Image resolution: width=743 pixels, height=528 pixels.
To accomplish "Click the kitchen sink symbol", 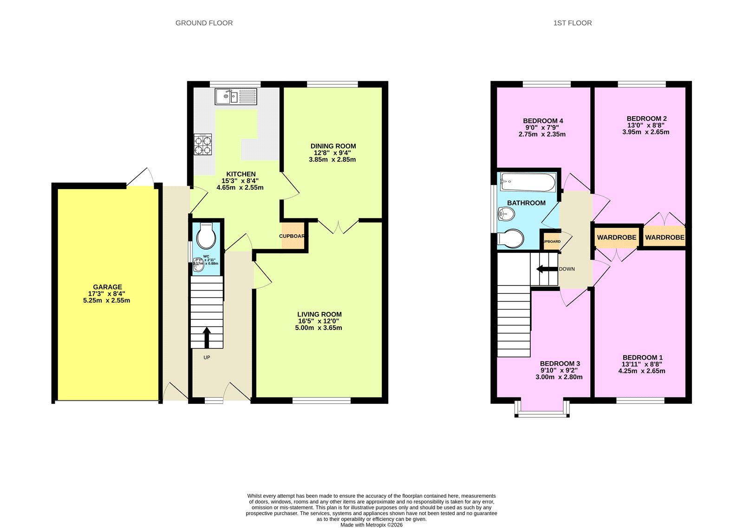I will coord(235,97).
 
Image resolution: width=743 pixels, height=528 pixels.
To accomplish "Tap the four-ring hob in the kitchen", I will coord(202,144).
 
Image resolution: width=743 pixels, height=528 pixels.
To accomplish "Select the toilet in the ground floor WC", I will coord(206,237).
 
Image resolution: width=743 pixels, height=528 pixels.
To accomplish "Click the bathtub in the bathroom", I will coord(528,182).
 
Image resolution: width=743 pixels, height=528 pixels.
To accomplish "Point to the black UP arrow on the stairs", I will coord(207,337).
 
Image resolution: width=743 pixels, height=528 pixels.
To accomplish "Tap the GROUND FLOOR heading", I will coord(204,23).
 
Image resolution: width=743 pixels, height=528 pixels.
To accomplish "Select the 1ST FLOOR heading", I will coord(572,23).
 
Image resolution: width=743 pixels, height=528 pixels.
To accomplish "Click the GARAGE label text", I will coord(107,287).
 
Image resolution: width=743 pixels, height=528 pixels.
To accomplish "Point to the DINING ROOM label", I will coord(333,146).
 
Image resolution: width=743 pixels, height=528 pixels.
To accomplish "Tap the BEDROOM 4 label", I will coord(543,121).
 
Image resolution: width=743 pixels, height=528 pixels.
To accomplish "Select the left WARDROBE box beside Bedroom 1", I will coord(616,237).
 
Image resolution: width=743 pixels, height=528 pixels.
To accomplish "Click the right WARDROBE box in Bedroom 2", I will coord(664,237).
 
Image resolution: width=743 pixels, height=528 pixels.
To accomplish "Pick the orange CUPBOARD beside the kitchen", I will coord(293,236).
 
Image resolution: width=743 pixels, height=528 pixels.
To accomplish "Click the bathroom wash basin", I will coord(506,214).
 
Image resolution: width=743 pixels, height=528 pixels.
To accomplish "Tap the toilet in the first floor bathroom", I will coord(511,238).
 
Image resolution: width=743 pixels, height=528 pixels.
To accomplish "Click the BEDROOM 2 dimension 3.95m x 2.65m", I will coord(645,132).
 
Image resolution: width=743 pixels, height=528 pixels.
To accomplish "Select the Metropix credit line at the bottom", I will coord(371,525).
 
